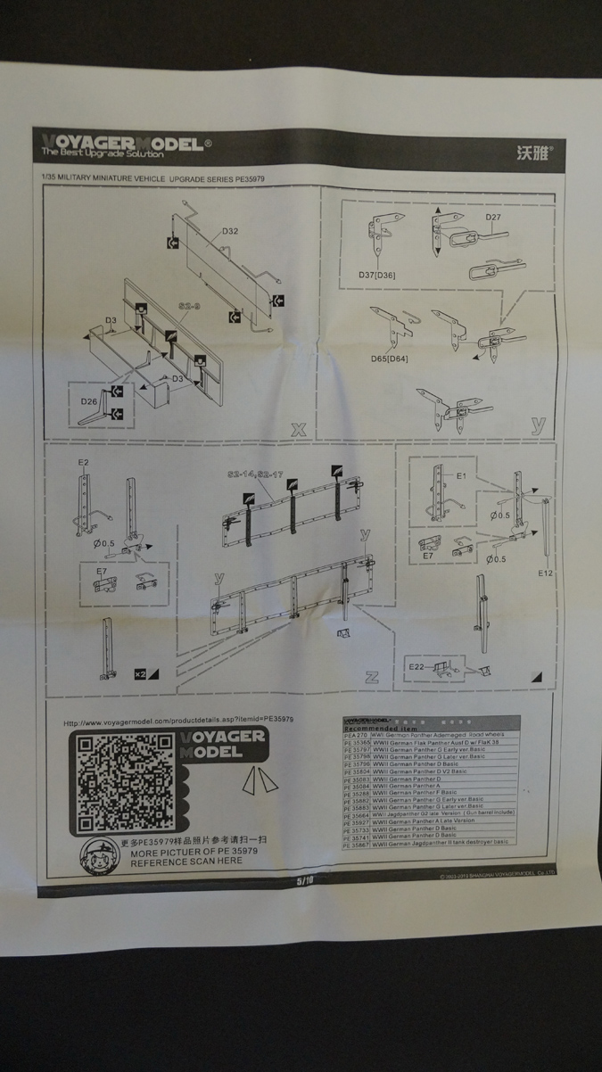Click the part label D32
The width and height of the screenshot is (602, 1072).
coord(228,232)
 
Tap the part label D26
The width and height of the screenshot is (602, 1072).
coord(89,401)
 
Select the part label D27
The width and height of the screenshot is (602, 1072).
coord(494,218)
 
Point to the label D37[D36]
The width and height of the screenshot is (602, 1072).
coord(376,275)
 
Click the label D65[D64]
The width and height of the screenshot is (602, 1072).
coord(389,359)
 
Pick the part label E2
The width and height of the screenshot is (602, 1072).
coord(83,463)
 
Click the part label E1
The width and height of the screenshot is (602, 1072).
coord(461,476)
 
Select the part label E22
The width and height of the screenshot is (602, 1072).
coord(416,667)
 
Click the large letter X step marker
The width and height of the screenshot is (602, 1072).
coord(298,430)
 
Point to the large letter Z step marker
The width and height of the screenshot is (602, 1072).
coord(372,677)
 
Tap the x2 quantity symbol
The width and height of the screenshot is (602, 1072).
coord(143,672)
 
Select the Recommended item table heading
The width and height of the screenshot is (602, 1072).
coord(380,728)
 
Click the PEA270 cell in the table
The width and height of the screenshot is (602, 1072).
coord(356,736)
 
